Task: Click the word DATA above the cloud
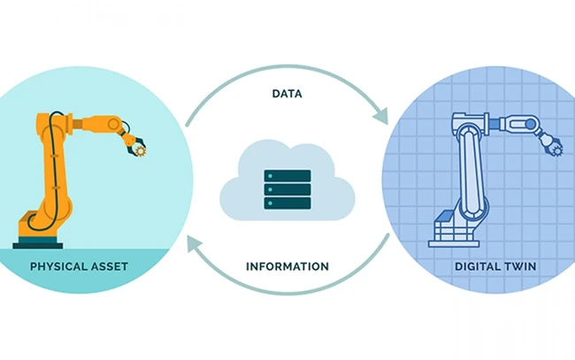[287, 94]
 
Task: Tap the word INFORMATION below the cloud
[287, 266]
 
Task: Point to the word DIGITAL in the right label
[477, 266]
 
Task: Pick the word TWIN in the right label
[520, 266]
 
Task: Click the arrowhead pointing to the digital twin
[380, 116]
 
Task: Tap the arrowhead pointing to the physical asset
[195, 243]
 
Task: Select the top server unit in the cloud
[287, 176]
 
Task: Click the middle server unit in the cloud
[287, 189]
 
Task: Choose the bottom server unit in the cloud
[287, 203]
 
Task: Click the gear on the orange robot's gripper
[140, 150]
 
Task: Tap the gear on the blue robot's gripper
[557, 150]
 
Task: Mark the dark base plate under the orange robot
[38, 246]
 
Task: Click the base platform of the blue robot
[454, 244]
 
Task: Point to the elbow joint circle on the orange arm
[114, 125]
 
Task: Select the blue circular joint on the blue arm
[530, 125]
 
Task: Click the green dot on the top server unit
[271, 176]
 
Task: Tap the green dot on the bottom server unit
[271, 203]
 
